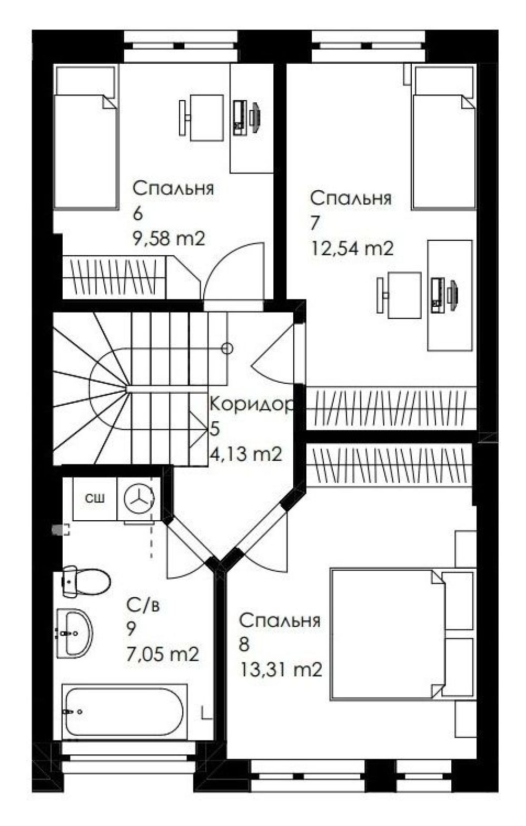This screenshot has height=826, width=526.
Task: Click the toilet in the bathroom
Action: tap(86, 581)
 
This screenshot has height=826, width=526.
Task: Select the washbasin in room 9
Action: tap(74, 633)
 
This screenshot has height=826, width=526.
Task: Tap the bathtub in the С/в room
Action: tap(124, 712)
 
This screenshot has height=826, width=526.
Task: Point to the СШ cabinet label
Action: tap(95, 498)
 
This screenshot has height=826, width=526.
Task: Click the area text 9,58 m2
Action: tap(168, 239)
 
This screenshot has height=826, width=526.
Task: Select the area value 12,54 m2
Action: tap(352, 248)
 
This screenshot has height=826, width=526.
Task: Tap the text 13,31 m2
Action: tap(281, 670)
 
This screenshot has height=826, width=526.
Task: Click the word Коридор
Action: tap(251, 404)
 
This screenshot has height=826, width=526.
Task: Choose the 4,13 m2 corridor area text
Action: tap(246, 453)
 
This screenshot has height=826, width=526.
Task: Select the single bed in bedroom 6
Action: tap(85, 137)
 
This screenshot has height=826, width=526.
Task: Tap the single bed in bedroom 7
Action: tap(444, 137)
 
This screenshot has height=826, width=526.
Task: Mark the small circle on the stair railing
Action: tap(227, 348)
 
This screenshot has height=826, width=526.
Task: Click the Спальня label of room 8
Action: tap(280, 620)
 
